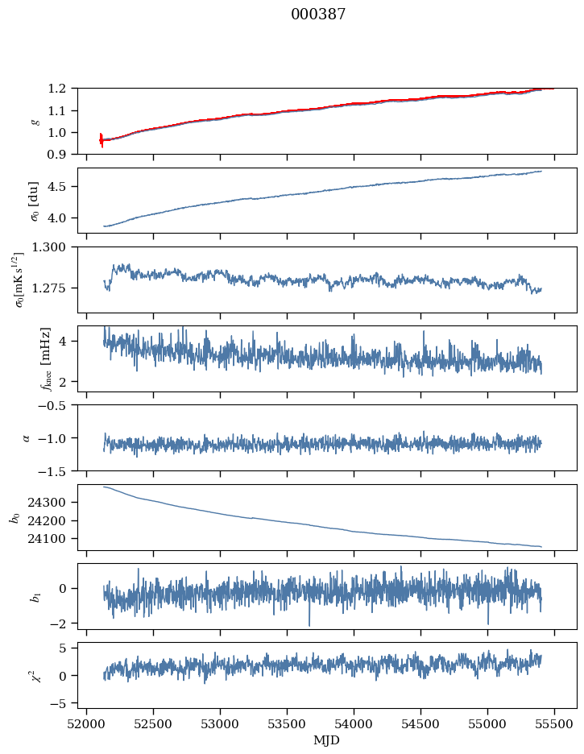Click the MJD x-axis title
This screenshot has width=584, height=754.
(x=327, y=740)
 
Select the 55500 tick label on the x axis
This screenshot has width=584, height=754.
(x=554, y=725)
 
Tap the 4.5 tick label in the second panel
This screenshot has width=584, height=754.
(x=61, y=187)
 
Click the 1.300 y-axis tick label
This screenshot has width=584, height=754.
(x=53, y=247)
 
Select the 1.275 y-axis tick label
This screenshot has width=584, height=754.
(x=53, y=288)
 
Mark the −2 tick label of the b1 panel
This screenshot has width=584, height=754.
(x=62, y=623)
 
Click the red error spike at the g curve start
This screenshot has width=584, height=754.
(x=101, y=140)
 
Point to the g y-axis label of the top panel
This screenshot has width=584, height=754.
(x=34, y=121)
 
